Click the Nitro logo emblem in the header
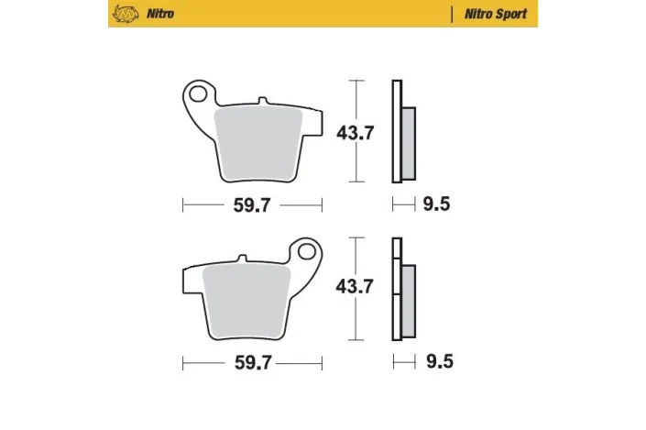(123, 15)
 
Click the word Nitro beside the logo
(158, 15)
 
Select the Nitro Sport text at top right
(500, 15)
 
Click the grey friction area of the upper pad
(260, 138)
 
